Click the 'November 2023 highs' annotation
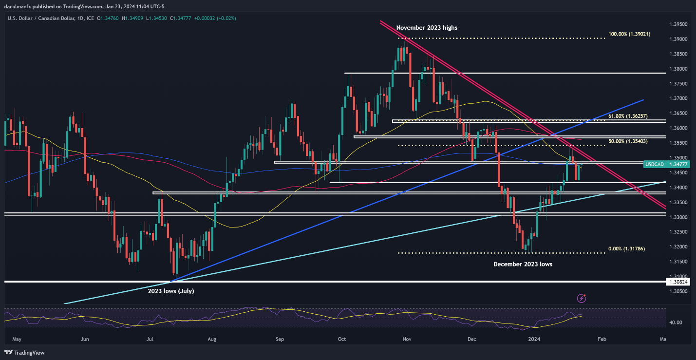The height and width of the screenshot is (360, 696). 427,28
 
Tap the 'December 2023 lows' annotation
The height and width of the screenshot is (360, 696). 523,264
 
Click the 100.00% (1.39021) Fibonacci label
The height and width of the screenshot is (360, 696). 629,34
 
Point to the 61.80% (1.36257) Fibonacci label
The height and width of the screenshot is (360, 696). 629,116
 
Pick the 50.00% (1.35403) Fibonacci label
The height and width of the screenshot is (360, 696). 629,141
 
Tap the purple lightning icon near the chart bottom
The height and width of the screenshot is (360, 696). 581,298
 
